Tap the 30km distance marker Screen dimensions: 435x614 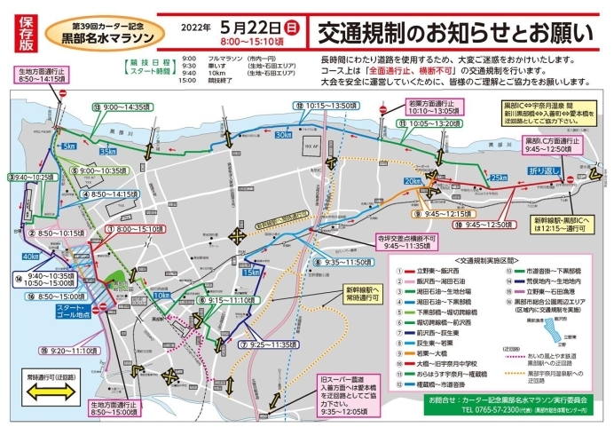(x=282, y=135)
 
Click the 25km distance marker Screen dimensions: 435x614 (x=497, y=178)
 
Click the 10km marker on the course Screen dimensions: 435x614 (x=161, y=296)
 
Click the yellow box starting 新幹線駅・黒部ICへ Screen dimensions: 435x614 (x=562, y=223)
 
